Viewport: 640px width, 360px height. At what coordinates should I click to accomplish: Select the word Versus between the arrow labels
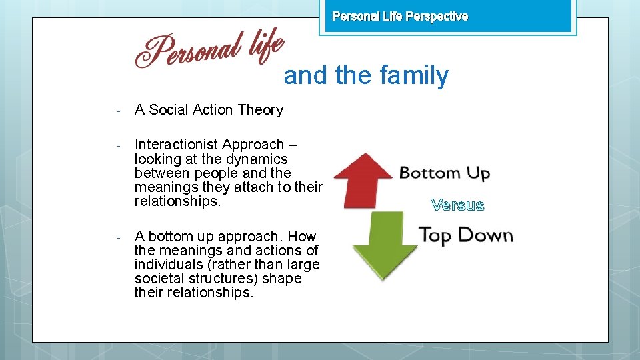click(457, 205)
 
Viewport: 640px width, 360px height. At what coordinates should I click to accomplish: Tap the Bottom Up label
click(444, 174)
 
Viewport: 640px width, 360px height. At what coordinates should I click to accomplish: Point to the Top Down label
click(465, 235)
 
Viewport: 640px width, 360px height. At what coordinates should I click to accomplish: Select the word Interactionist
click(176, 145)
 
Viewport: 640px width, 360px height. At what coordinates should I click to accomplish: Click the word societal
click(159, 279)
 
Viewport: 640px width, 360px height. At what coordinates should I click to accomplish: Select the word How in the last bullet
click(302, 237)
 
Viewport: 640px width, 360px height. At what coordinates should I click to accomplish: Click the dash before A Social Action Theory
click(117, 110)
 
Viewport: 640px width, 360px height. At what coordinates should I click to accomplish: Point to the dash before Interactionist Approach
click(117, 145)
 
